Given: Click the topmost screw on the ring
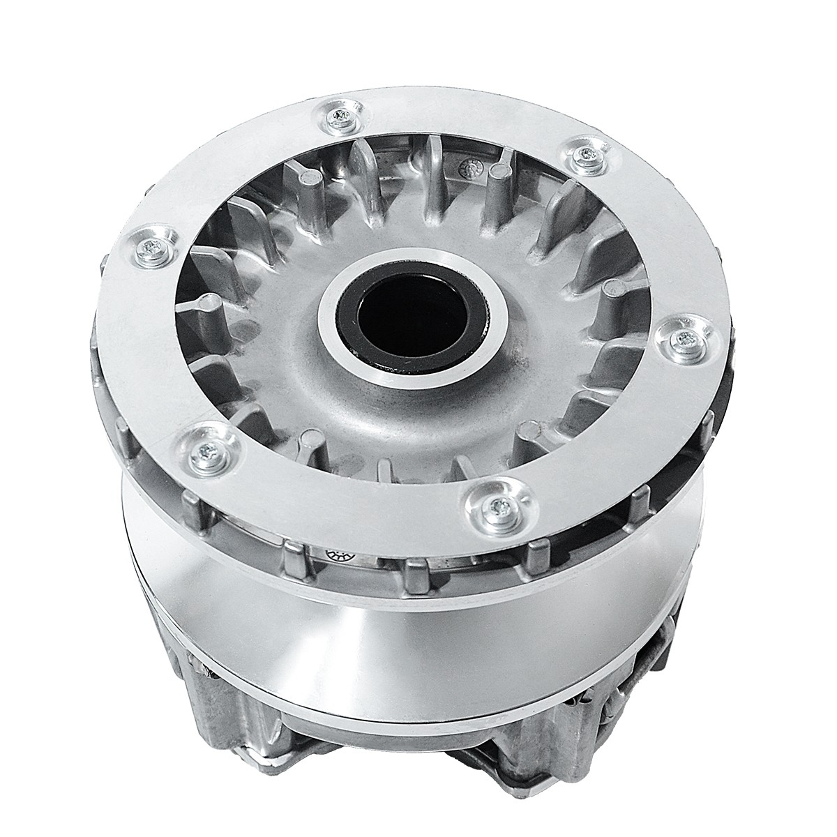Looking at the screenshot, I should click(x=341, y=115).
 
